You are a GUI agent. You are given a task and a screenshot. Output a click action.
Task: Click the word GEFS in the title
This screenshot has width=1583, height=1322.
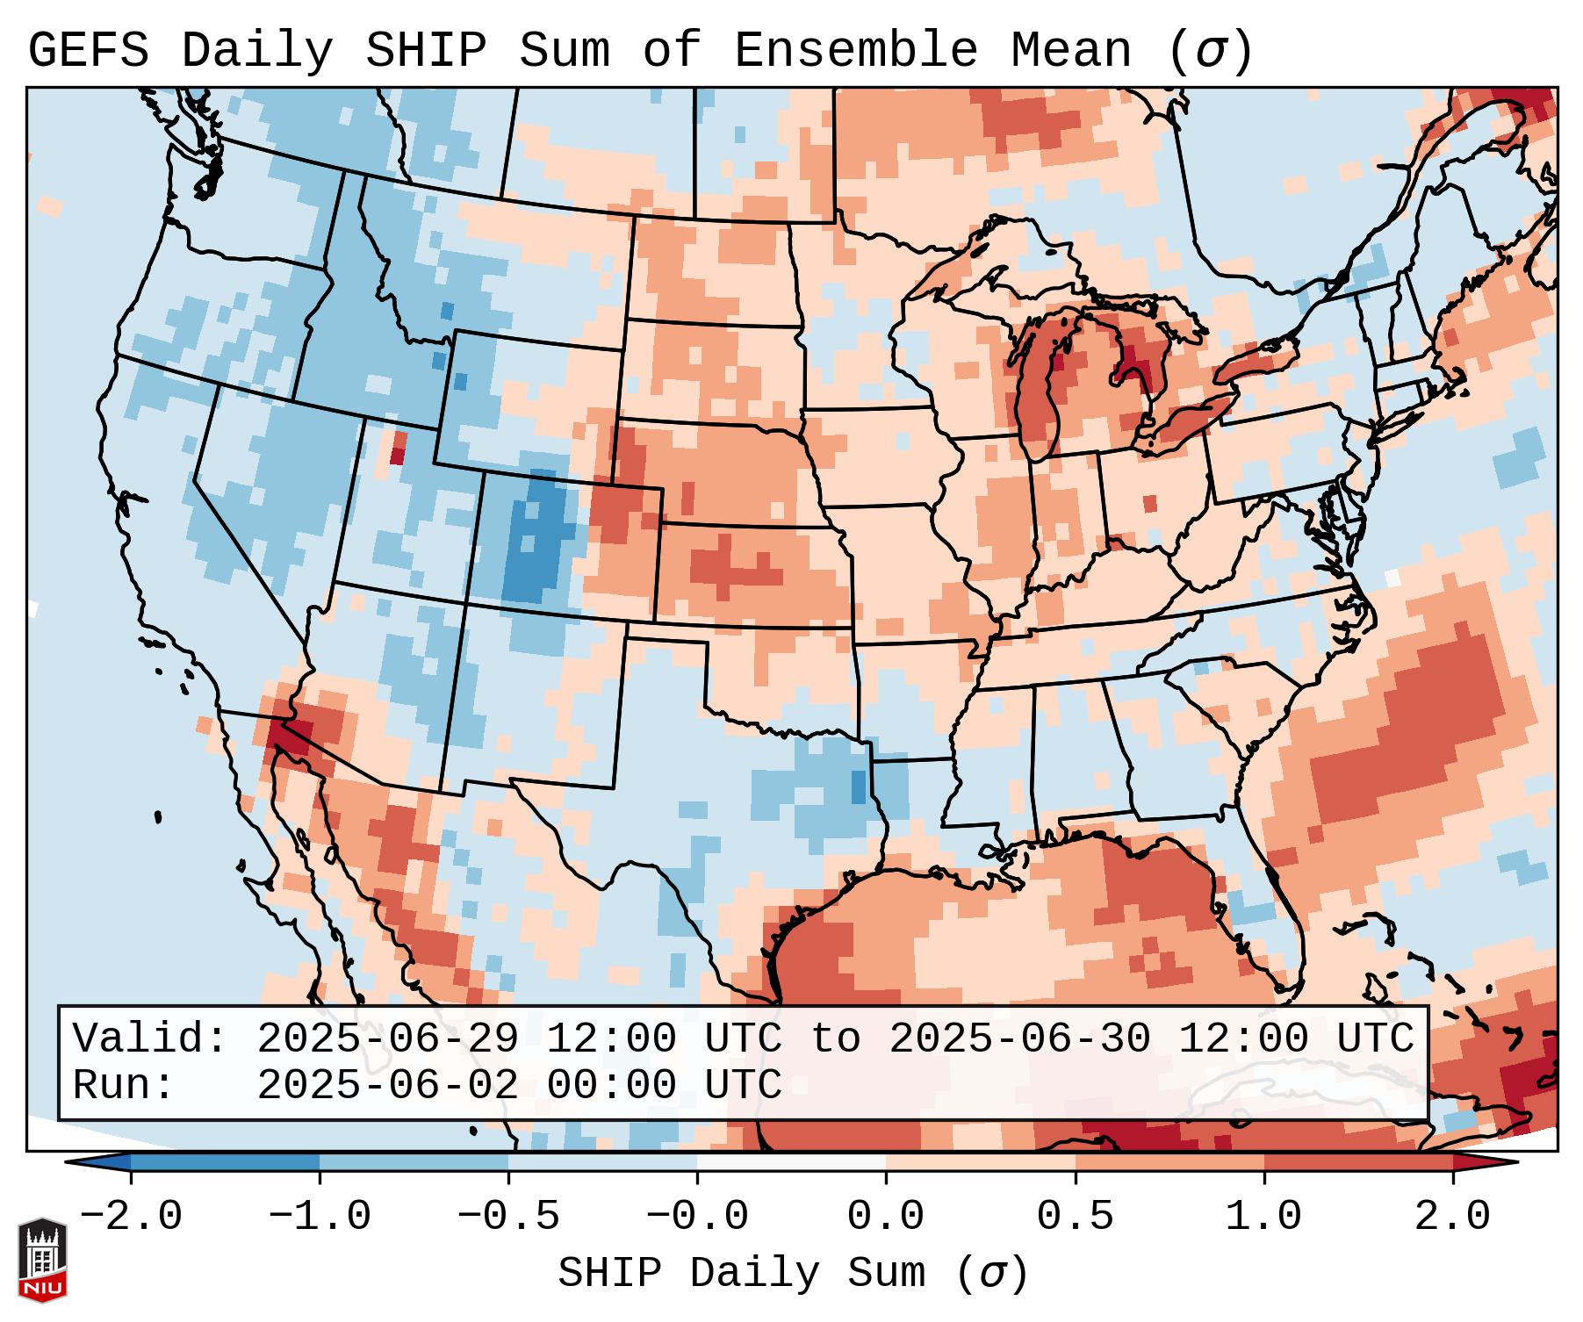(88, 51)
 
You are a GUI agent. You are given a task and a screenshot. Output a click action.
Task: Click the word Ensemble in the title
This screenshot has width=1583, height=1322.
(855, 51)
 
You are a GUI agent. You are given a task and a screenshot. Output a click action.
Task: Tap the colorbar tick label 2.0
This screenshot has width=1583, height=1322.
(1453, 1217)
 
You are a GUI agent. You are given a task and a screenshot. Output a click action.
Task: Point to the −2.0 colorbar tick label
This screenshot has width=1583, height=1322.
(131, 1217)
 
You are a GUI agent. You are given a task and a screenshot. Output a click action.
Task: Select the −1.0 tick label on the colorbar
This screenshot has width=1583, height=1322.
(320, 1217)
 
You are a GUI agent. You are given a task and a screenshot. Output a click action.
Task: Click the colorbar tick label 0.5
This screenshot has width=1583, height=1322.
(1075, 1217)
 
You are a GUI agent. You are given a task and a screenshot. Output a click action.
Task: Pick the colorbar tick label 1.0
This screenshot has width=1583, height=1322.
(1264, 1217)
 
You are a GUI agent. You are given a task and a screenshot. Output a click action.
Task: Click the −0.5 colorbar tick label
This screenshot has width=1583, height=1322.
(508, 1217)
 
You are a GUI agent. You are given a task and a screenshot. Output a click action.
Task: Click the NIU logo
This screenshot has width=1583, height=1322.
(42, 1261)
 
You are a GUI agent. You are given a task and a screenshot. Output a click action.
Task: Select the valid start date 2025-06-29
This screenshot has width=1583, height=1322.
(387, 1039)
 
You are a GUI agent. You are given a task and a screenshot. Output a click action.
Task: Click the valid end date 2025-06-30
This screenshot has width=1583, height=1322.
(1019, 1039)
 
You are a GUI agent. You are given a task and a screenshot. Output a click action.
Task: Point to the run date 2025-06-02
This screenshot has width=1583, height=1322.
(387, 1086)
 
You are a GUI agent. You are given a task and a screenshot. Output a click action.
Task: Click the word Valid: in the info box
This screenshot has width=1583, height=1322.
(150, 1039)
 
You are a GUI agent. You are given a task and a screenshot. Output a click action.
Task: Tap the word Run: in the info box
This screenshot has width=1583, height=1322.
(124, 1086)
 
